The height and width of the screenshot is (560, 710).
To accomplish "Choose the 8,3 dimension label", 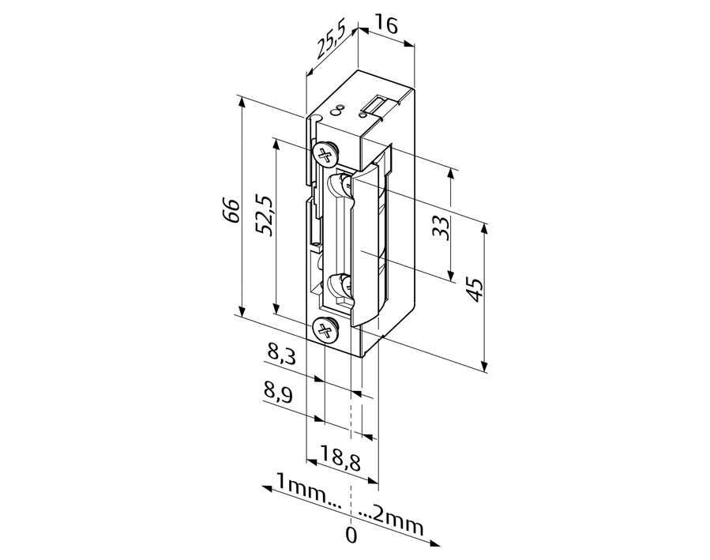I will click(281, 354).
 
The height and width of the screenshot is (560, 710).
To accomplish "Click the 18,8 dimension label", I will click(340, 459).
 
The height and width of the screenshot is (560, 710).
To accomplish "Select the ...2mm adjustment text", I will click(391, 519).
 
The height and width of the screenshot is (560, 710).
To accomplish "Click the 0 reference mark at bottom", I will click(351, 536).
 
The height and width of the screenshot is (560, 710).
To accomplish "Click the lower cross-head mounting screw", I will click(326, 330).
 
